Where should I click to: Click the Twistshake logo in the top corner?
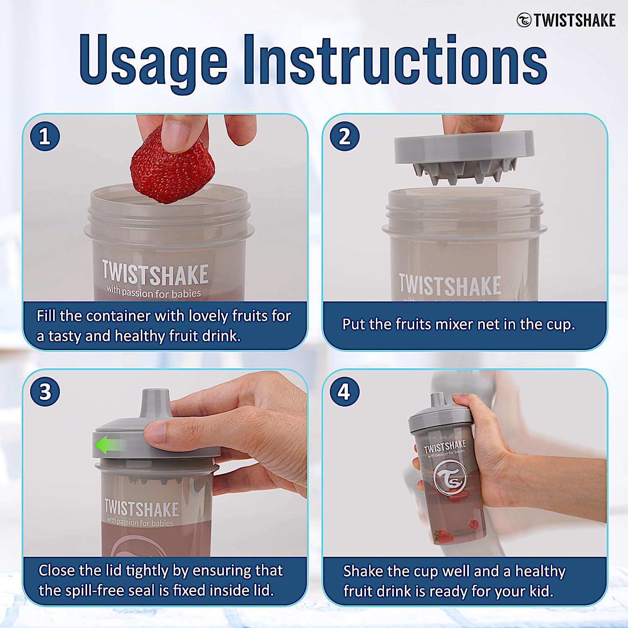566,20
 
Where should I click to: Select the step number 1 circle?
45,136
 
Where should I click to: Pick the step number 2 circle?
344,136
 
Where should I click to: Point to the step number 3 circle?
45,392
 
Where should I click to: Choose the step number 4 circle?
344,392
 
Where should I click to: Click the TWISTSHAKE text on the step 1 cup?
155,273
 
